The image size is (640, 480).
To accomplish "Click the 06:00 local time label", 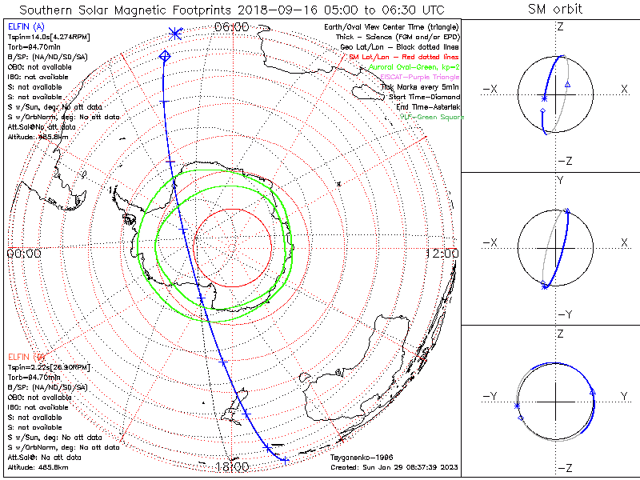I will click(232, 27).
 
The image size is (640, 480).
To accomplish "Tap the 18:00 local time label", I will click(232, 466).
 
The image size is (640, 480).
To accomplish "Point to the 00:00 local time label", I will click(24, 253).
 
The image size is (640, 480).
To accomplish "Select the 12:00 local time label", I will click(442, 253).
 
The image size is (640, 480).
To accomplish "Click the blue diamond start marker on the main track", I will click(165, 55).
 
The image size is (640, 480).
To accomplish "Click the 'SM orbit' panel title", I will click(554, 10).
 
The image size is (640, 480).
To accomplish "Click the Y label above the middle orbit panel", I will click(559, 181).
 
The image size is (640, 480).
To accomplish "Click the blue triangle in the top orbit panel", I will click(567, 84).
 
